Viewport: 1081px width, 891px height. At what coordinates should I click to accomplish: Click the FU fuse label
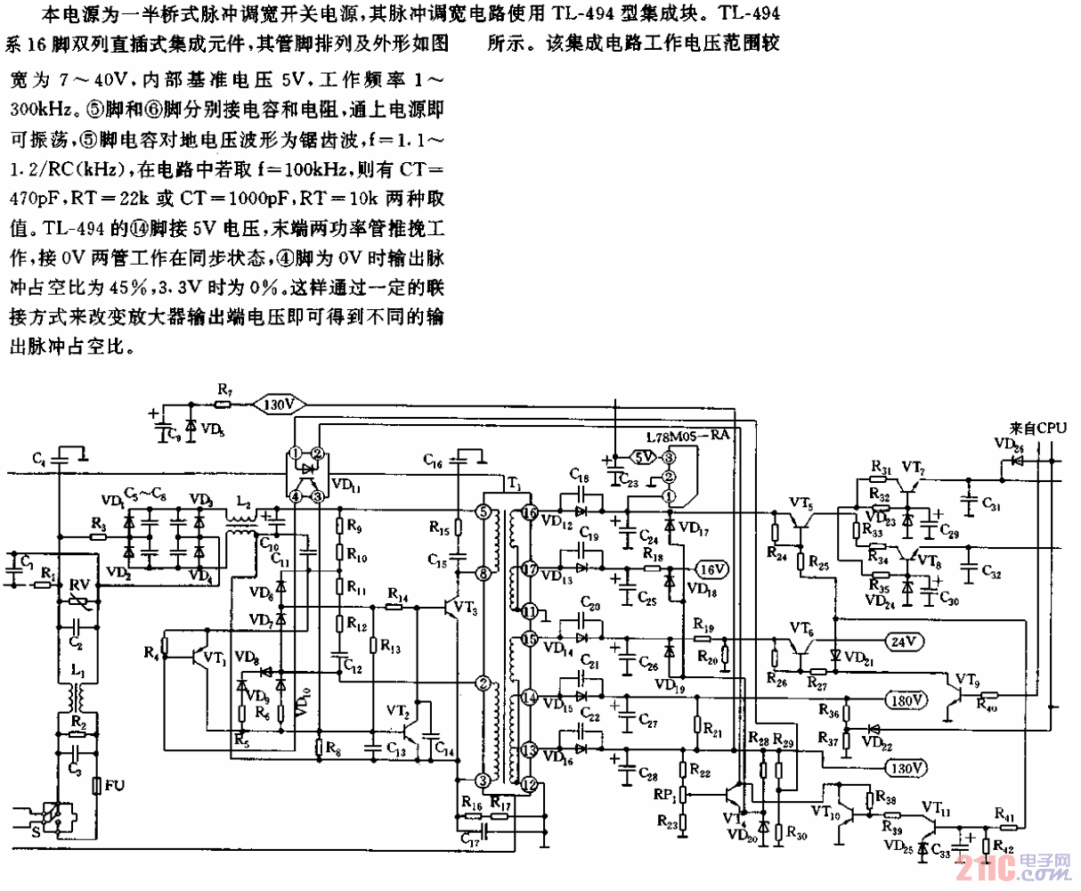115,785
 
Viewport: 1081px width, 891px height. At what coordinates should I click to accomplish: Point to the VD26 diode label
1009,443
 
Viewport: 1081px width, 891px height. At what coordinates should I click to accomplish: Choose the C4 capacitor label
39,459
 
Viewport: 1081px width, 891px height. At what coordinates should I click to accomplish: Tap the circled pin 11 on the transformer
530,611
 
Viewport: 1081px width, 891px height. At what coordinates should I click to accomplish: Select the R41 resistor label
1004,815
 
